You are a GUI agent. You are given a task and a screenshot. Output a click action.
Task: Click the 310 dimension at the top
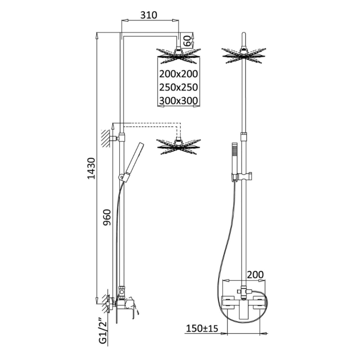149,15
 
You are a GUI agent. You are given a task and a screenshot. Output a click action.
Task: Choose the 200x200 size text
178,74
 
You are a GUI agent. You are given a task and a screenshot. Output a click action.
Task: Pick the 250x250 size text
178,87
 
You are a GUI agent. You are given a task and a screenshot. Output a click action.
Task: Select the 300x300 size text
178,101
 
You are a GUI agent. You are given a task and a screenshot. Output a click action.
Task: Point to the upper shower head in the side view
178,55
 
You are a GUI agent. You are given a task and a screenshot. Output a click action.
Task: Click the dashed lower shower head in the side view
178,145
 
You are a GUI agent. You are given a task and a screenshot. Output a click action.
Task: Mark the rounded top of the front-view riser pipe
244,35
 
